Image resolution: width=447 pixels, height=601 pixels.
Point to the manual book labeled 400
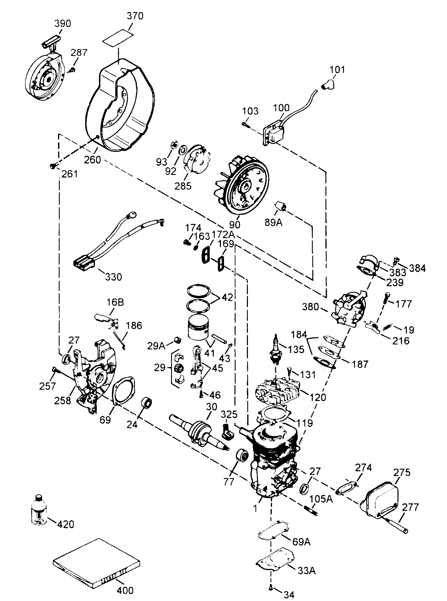[97, 562]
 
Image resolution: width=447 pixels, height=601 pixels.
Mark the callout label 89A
[274, 223]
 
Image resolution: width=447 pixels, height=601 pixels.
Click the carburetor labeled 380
[350, 306]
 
